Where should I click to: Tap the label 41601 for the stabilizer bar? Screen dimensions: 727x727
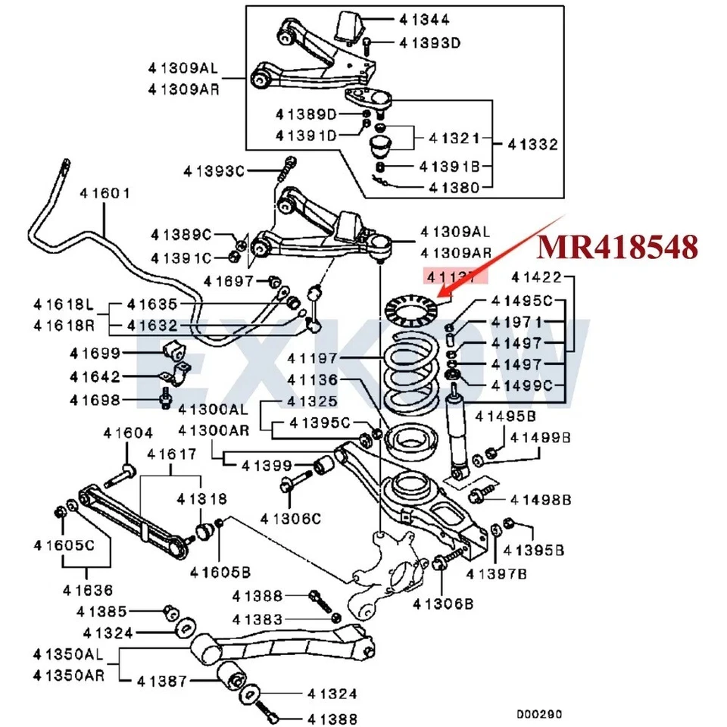pyautogui.click(x=105, y=193)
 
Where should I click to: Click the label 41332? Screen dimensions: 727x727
pyautogui.click(x=532, y=144)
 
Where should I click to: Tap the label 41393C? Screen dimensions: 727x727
pyautogui.click(x=213, y=170)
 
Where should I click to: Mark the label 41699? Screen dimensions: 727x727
pyautogui.click(x=95, y=353)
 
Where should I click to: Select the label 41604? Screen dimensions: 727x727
pyautogui.click(x=128, y=433)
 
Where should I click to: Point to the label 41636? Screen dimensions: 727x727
pyautogui.click(x=88, y=589)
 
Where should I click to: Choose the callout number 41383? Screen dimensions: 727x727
pyautogui.click(x=257, y=619)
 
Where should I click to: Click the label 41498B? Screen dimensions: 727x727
pyautogui.click(x=540, y=499)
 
